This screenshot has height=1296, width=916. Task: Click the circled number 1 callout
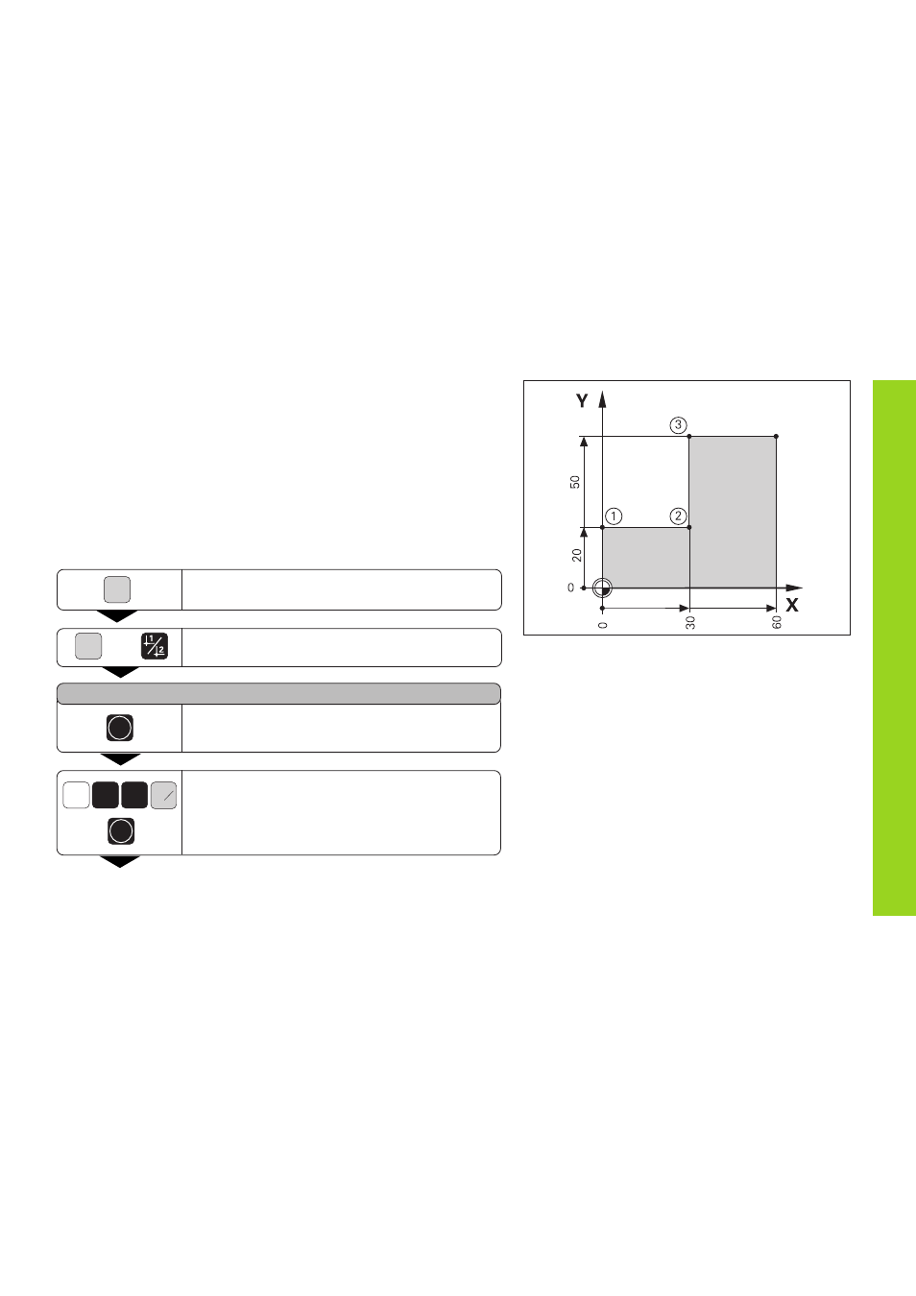point(614,516)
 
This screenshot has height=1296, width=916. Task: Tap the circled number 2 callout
point(678,516)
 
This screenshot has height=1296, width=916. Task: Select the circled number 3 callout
point(678,425)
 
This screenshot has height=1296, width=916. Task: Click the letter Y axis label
point(582,400)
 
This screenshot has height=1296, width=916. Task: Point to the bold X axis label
point(791,605)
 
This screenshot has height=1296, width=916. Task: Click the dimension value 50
point(574,481)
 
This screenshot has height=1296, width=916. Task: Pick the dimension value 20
point(576,555)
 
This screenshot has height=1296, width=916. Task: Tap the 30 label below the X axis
point(690,622)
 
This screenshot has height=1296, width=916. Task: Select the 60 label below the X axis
point(777,622)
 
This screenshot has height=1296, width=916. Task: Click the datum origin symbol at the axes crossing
point(602,588)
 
